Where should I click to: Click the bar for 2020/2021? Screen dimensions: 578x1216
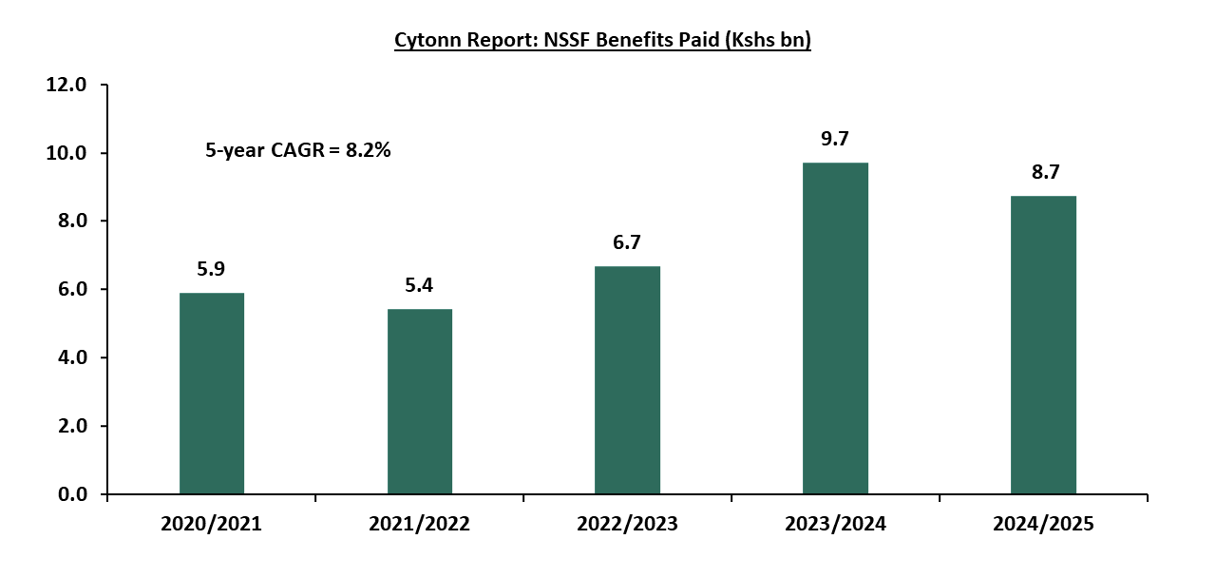[x=212, y=394]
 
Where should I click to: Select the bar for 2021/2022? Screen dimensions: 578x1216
[x=420, y=401]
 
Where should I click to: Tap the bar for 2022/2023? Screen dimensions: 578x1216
[x=627, y=380]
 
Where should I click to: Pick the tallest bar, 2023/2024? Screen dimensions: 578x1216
[x=835, y=329]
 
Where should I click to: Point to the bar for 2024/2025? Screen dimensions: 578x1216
[x=1043, y=345]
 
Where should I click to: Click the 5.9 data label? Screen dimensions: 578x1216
[x=212, y=270]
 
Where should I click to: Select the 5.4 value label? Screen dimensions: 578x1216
[x=420, y=285]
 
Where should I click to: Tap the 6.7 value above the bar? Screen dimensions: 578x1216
[x=627, y=242]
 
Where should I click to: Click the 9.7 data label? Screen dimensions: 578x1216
[x=835, y=139]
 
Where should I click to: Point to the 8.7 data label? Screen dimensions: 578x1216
[x=1043, y=172]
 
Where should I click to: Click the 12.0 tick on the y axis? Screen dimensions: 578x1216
[x=66, y=85]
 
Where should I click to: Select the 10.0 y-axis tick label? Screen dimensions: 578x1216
[x=66, y=153]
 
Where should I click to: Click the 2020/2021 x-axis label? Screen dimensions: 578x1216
[x=212, y=524]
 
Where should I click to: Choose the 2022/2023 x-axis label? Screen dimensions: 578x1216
[x=627, y=524]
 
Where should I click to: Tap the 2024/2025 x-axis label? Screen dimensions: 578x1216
[x=1043, y=524]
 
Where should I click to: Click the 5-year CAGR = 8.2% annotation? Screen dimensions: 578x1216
[x=298, y=150]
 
